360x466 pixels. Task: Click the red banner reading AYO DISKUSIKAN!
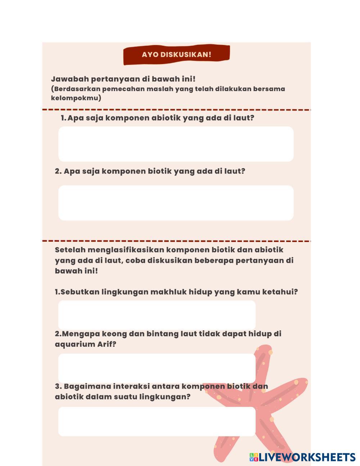coord(176,55)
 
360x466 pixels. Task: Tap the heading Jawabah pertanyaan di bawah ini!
coord(123,79)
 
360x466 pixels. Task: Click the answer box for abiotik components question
coord(176,144)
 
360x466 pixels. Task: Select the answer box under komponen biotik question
coord(176,203)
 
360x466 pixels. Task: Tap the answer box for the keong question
coord(157,368)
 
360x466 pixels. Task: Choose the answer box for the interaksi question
coord(157,421)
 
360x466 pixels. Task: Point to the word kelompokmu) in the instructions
coord(76,98)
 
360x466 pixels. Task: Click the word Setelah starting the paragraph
coord(70,250)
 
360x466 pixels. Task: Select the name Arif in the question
coord(107,344)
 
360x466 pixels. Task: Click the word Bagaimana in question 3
coord(87,386)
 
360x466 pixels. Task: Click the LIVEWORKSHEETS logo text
coord(307,457)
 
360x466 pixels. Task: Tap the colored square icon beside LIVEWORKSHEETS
coord(254,457)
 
